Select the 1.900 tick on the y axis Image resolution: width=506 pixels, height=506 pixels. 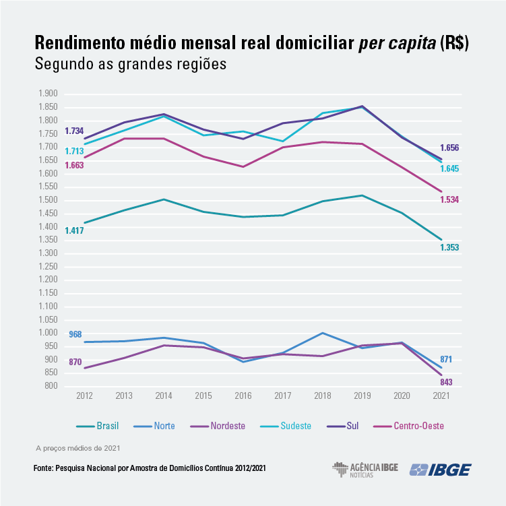[49, 94]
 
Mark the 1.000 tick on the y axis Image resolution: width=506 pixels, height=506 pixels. [49, 333]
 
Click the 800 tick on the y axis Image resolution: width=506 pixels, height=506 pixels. [53, 386]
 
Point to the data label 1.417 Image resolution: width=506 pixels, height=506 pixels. [74, 231]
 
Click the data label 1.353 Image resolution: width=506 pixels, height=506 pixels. [449, 247]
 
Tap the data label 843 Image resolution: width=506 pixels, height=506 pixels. [446, 382]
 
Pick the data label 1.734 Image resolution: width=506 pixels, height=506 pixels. [74, 131]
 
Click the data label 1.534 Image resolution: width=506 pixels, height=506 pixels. [449, 199]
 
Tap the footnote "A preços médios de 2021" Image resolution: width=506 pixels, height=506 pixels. [77, 447]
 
